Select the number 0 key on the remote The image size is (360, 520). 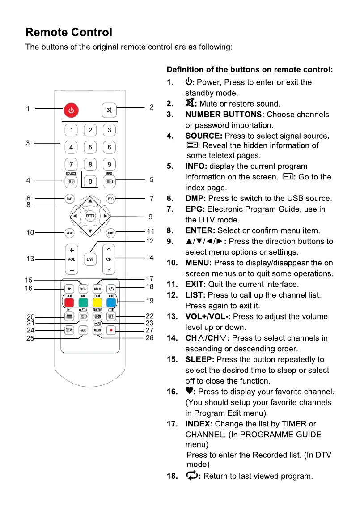tap(90, 182)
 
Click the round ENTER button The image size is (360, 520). tap(90, 216)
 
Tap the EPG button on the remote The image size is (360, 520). tap(110, 198)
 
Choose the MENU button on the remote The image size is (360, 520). tap(70, 233)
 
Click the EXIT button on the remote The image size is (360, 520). tap(110, 233)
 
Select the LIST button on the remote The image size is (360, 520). tap(90, 259)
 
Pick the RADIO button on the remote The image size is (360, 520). tap(83, 330)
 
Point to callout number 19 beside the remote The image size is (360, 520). tap(150, 301)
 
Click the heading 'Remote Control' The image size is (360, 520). tap(69, 33)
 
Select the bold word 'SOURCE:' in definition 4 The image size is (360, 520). tap(204, 136)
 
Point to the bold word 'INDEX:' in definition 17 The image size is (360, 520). tap(199, 424)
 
